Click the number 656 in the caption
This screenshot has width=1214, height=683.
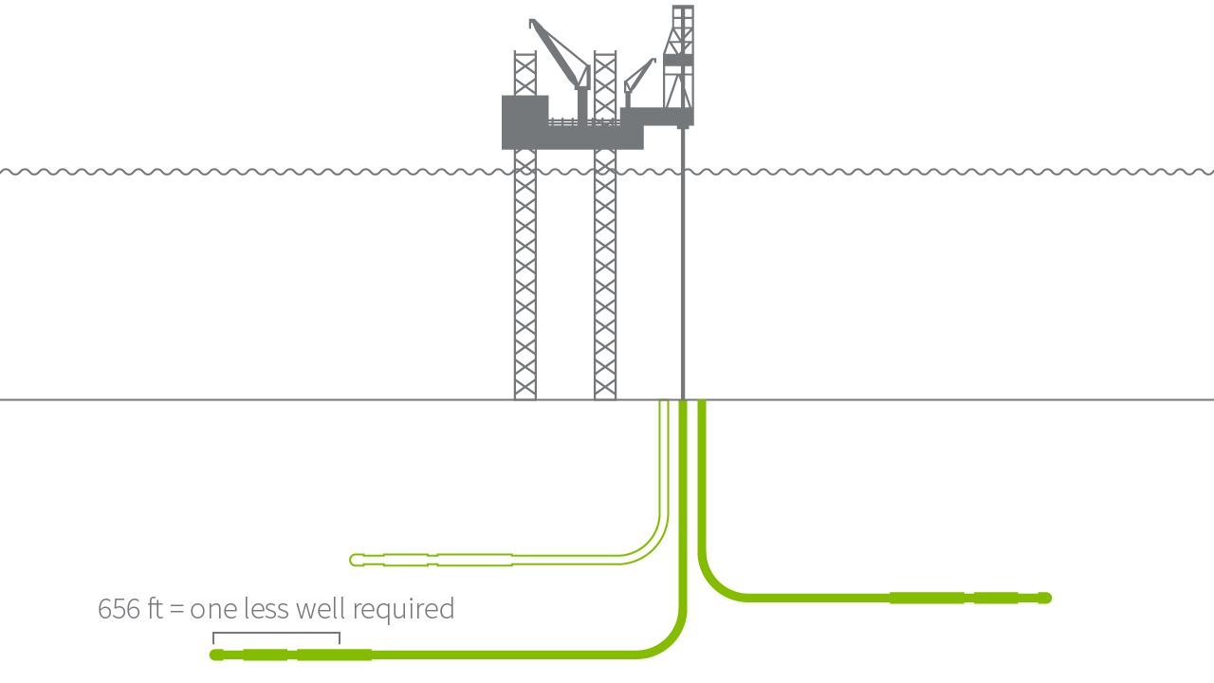click(120, 609)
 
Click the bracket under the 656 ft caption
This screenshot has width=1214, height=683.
click(276, 634)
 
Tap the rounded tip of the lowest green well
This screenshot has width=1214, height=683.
click(215, 655)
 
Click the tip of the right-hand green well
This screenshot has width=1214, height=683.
click(1045, 598)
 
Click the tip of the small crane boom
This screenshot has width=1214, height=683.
click(653, 61)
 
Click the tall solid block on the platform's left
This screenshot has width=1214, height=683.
click(524, 120)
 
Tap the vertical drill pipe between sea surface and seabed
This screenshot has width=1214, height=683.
click(683, 285)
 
